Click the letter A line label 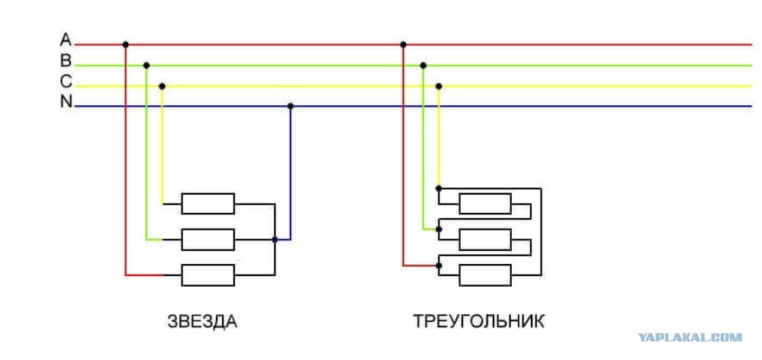coord(66,40)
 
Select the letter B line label coord(66,61)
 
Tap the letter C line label coord(66,82)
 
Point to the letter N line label coord(66,103)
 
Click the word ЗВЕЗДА coord(202,321)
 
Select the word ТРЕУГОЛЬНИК coord(479,321)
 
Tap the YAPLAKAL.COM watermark coord(690,337)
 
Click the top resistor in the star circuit coord(207,204)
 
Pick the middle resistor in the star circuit coord(207,239)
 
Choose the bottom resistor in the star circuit coord(207,274)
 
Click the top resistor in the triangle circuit coord(484,204)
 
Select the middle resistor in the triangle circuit coord(484,239)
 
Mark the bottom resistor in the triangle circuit coord(484,275)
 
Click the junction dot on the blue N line coord(290,106)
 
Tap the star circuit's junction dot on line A coord(126,44)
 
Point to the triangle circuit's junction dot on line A coord(403,44)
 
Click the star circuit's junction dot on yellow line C coord(161,86)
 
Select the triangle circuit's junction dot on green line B coord(423,66)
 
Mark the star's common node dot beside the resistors coord(275,239)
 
